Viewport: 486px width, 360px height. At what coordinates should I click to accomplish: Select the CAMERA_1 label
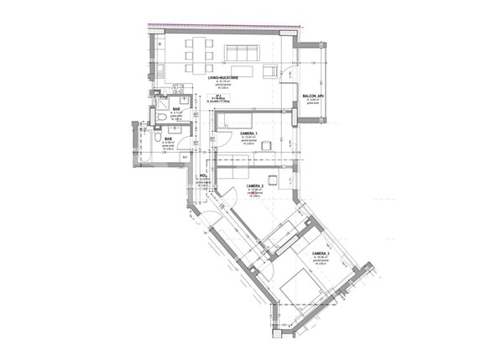click(248, 134)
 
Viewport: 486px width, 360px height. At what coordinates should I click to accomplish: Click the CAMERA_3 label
click(321, 253)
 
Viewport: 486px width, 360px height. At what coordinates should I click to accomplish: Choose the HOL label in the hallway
click(202, 175)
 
